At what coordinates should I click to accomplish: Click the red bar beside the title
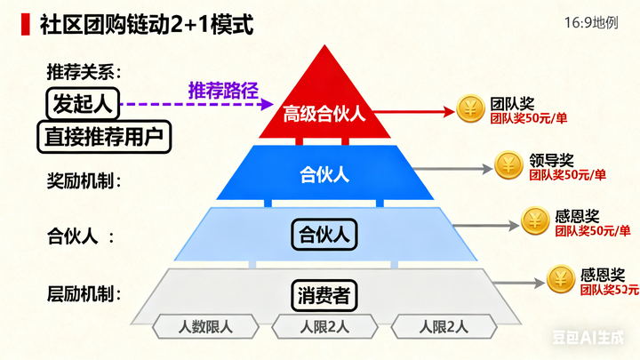click(23, 24)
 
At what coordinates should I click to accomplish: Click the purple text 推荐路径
click(223, 90)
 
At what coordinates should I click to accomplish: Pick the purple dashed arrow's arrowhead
click(268, 104)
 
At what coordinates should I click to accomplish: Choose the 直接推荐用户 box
click(104, 136)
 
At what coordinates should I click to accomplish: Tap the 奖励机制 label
click(84, 180)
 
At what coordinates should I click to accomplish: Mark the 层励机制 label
click(84, 292)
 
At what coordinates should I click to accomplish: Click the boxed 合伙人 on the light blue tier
click(324, 236)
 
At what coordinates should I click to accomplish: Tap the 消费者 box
click(324, 293)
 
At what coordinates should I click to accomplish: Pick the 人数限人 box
click(205, 326)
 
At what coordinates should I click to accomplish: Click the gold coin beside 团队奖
click(470, 108)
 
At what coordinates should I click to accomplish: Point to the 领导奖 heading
click(550, 161)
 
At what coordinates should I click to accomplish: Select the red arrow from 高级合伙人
click(421, 113)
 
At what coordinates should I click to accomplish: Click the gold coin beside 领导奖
click(508, 165)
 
